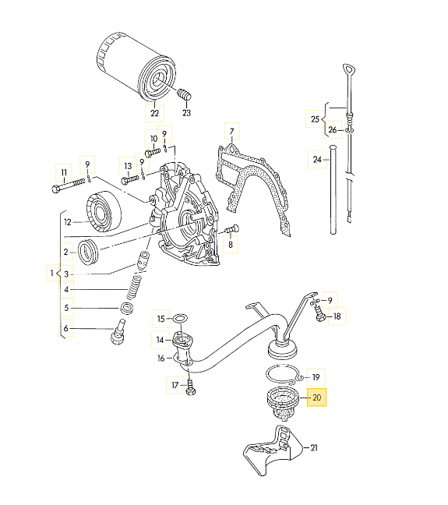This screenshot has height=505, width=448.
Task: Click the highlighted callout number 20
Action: click(x=317, y=397)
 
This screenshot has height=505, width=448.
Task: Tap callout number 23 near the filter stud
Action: click(x=186, y=113)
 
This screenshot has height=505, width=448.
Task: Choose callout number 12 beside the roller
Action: click(x=68, y=222)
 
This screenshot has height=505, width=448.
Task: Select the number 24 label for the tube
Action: click(x=316, y=160)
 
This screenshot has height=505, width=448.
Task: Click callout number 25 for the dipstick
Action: click(x=315, y=118)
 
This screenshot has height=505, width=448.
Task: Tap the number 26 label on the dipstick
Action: click(x=332, y=129)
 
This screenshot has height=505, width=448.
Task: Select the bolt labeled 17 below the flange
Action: click(x=191, y=385)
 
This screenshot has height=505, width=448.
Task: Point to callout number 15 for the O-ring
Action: click(x=161, y=319)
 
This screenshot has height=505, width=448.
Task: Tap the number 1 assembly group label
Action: click(x=53, y=274)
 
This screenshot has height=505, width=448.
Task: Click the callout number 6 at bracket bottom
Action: click(x=67, y=329)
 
